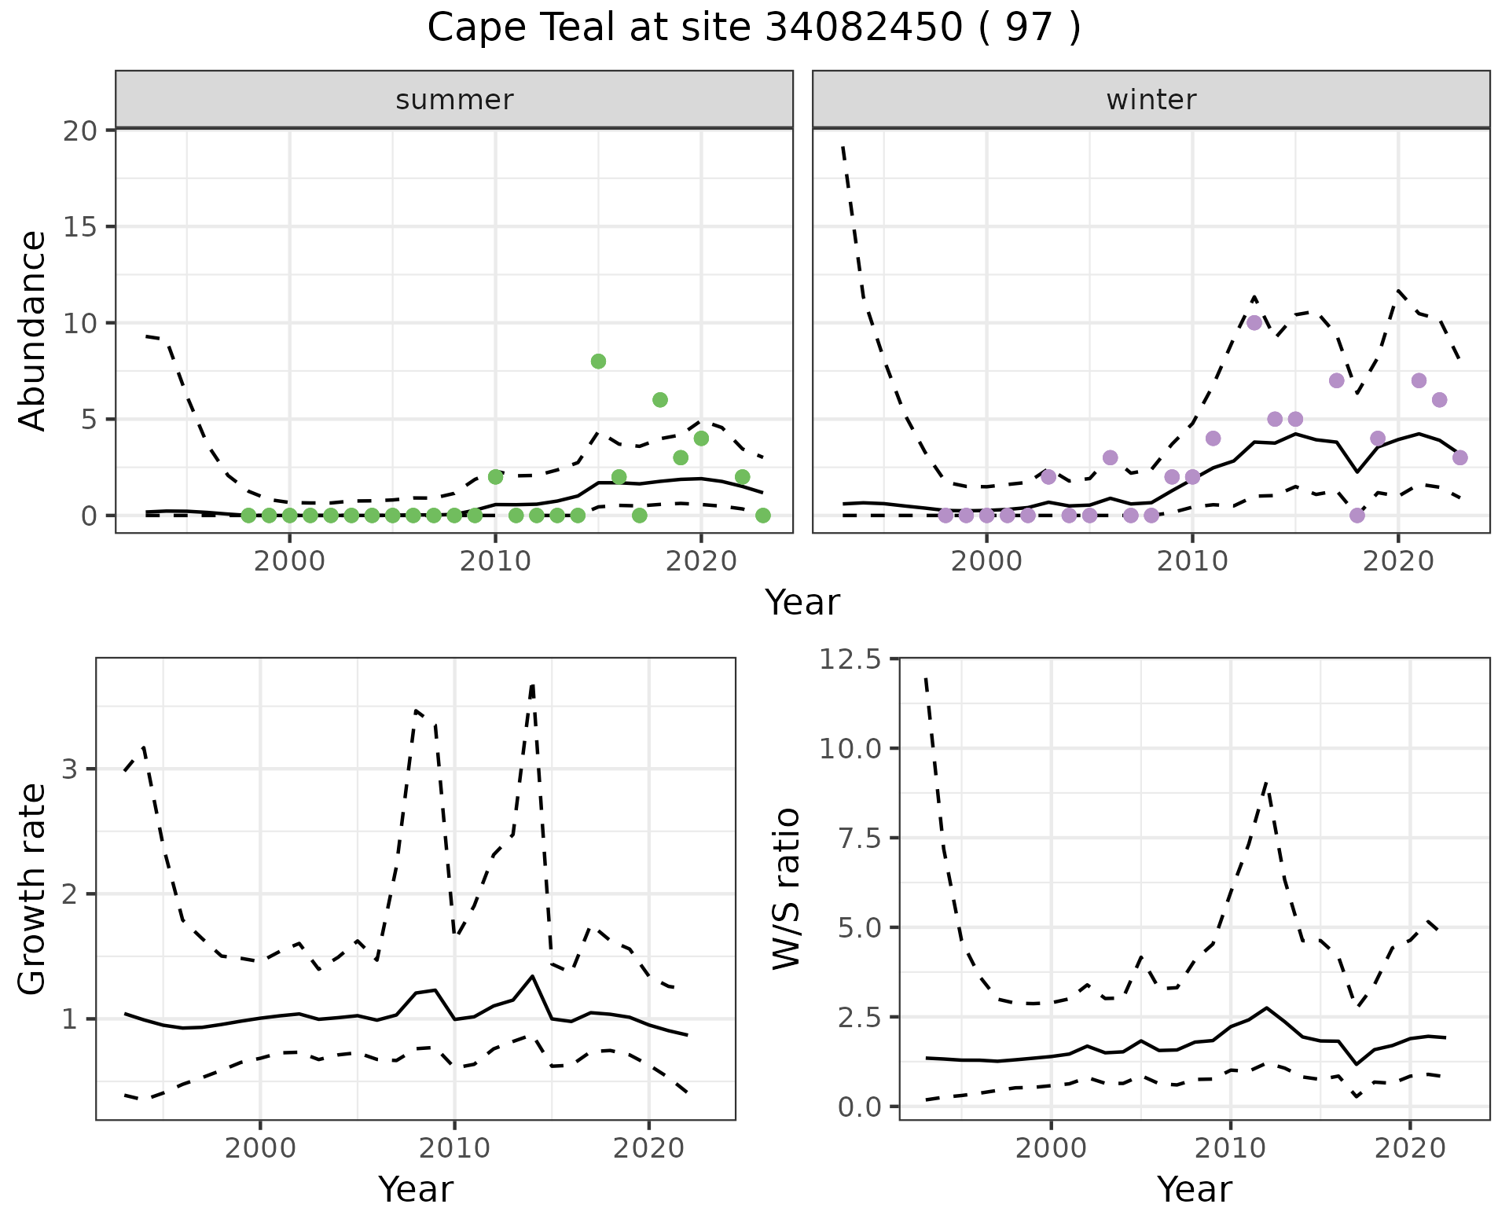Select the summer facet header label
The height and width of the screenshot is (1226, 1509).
[454, 100]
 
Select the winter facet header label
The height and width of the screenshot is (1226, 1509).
[1151, 100]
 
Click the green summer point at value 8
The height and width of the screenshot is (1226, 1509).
[598, 362]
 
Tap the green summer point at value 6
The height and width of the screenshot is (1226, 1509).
[660, 400]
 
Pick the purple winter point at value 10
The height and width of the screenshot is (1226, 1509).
[1254, 323]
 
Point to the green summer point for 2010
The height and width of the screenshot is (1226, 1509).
[495, 477]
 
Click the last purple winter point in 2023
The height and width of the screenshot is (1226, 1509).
[1460, 457]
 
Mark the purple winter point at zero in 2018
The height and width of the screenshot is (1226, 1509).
[1357, 516]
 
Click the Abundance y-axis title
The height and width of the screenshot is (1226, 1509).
[33, 330]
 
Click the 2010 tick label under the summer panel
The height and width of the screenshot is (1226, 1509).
[495, 561]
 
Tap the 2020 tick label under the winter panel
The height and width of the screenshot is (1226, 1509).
[1398, 561]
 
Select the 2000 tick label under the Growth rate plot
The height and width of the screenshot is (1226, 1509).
[260, 1148]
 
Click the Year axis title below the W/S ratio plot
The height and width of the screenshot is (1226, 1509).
[1194, 1189]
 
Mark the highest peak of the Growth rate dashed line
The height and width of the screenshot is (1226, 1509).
[533, 685]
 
